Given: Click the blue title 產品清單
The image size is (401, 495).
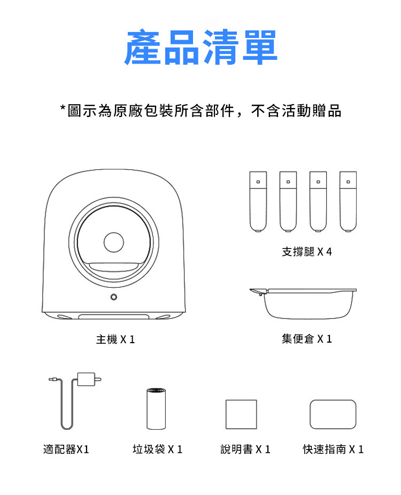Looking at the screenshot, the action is (201, 47).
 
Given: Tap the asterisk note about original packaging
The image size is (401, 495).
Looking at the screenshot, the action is (201, 111).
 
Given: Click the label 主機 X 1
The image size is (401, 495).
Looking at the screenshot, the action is (115, 339).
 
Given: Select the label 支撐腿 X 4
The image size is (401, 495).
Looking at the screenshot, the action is (307, 252).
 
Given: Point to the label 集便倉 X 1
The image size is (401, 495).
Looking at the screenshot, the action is (307, 339).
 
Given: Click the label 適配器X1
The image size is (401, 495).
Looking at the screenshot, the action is (66, 449).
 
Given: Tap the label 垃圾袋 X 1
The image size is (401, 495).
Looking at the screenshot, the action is (158, 449).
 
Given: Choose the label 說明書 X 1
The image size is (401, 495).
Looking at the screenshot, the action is (245, 449).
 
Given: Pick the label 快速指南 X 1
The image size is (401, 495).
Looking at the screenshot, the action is (333, 449).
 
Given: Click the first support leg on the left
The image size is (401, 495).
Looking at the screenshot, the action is (258, 202).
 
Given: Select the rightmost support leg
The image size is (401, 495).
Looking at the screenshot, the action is (348, 202).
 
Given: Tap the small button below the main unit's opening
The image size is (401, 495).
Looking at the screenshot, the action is (114, 297).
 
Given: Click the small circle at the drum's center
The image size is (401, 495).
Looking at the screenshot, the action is (114, 242).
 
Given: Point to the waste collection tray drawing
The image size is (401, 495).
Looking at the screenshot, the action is (303, 303).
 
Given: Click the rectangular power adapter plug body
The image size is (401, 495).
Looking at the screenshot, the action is (86, 379).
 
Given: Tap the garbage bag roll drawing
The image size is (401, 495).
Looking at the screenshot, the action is (156, 409).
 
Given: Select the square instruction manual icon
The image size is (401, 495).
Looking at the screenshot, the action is (241, 414).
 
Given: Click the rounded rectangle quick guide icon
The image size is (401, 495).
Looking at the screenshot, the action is (333, 414).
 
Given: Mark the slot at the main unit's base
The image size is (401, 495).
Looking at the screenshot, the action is (114, 316).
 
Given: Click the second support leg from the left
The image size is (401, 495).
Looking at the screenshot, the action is (288, 202).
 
